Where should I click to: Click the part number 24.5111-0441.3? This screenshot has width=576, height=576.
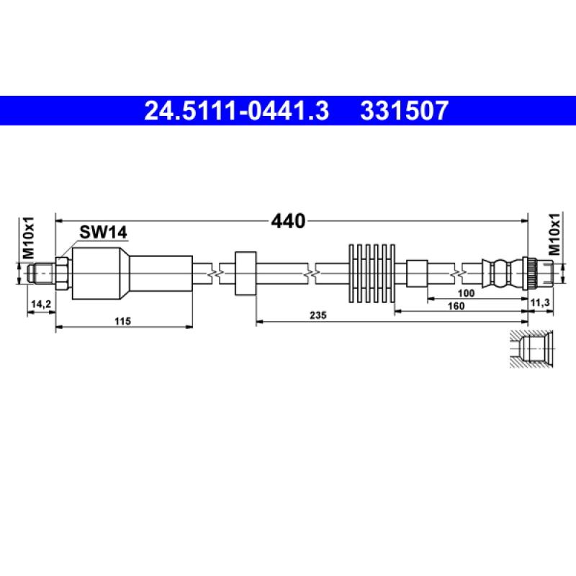[x=236, y=111]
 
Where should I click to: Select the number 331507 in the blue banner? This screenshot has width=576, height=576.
[x=404, y=111]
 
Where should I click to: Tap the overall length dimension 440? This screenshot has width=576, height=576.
[x=288, y=221]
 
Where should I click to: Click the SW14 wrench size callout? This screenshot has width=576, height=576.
[x=103, y=232]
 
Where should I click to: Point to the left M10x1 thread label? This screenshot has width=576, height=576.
[x=29, y=238]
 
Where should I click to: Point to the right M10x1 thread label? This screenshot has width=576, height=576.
[x=555, y=234]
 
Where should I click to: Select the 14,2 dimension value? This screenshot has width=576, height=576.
[x=41, y=304]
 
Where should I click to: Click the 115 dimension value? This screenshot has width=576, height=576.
[x=122, y=321]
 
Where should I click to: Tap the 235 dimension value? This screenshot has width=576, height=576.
[x=318, y=315]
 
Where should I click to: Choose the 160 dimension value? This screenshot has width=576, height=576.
[x=456, y=305]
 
